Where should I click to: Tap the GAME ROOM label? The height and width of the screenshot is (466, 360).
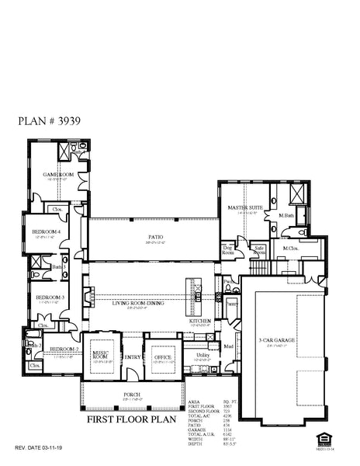click(x=58, y=175)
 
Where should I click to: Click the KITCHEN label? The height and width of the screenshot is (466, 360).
click(x=200, y=321)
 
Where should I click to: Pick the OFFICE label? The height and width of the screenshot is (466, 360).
click(x=163, y=356)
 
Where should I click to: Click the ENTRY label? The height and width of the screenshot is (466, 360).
click(x=133, y=356)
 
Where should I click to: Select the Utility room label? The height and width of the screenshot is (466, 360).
click(x=201, y=354)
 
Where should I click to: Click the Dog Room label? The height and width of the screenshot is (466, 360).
click(x=229, y=250)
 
